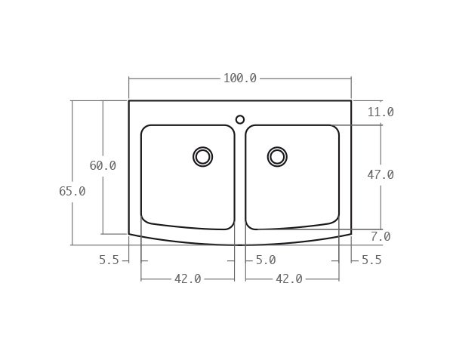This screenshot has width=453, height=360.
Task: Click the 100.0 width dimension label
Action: coord(239,78)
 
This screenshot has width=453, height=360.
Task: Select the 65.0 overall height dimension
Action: coord(72,192)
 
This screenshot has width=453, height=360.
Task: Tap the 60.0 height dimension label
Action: coord(103,166)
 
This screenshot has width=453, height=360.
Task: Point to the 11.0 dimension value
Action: coord(381,112)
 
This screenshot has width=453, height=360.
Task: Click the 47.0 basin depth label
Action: coord(381,174)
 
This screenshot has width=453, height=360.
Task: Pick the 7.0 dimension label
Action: coord(381,237)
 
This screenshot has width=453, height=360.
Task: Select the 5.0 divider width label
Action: coord(265,260)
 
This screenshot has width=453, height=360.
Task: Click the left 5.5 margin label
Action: coord(109,260)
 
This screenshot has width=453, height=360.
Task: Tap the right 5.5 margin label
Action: coord(371,260)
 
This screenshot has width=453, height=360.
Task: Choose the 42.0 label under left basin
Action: coord(187,279)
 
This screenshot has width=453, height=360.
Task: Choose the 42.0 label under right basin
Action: coord(289,279)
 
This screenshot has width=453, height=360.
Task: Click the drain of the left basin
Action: coord(202,156)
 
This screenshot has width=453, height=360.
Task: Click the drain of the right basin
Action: coord(277,156)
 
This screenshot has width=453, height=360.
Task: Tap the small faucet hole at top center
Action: coord(240,119)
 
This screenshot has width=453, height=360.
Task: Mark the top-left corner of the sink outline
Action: coord(129,100)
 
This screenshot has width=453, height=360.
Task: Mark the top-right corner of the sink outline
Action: coord(351,100)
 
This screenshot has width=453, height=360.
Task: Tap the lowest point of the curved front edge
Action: coord(240,245)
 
